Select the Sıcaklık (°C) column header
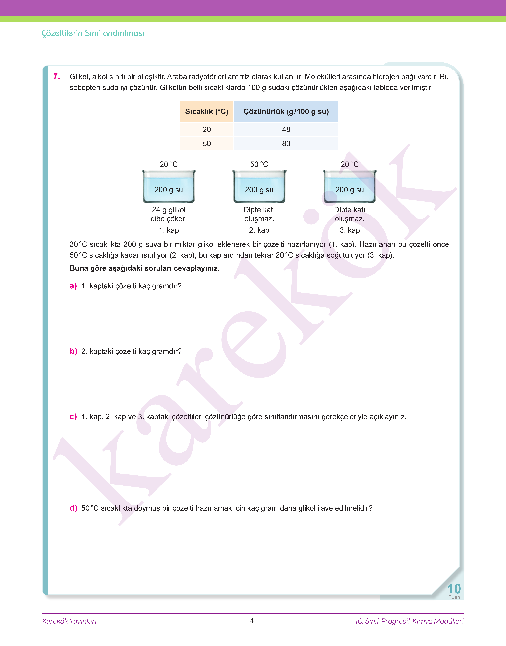click(206, 112)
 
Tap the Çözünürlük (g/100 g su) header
click(286, 112)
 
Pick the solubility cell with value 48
click(286, 129)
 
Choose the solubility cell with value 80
click(286, 144)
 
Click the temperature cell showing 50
click(206, 144)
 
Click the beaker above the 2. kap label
click(259, 186)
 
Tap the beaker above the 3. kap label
click(350, 186)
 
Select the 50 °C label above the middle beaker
click(259, 164)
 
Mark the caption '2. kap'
click(259, 230)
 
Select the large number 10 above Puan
click(454, 589)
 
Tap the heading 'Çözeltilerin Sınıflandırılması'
click(93, 33)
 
